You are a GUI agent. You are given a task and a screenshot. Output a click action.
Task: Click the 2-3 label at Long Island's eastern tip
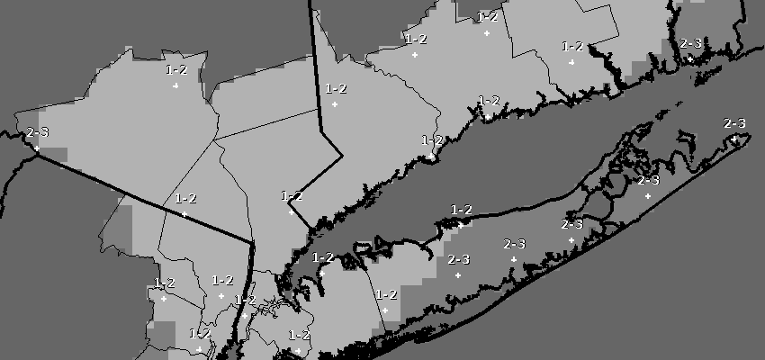tap(734, 123)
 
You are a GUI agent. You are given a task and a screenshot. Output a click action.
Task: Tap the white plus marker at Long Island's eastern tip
tap(735, 139)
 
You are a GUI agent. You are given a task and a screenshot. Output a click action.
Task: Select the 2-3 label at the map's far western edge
tap(38, 132)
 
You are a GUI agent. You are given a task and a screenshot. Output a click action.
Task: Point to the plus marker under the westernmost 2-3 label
tap(37, 148)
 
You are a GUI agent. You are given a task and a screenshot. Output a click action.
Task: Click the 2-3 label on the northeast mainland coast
tap(691, 43)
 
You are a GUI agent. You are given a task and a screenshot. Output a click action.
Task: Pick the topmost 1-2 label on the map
tap(488, 16)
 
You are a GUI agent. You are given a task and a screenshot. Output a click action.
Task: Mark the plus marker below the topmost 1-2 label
tap(487, 32)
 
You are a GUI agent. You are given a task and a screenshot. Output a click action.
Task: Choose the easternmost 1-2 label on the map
tap(572, 47)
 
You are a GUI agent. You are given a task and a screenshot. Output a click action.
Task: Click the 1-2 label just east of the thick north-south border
tap(336, 88)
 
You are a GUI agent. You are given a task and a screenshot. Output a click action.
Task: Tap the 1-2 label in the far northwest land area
tap(176, 69)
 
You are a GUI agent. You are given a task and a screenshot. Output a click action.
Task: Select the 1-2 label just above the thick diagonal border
tap(185, 198)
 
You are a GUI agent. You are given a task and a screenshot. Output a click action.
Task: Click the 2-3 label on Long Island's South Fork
tap(648, 180)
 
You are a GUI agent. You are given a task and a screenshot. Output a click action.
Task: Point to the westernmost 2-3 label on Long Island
tap(458, 259)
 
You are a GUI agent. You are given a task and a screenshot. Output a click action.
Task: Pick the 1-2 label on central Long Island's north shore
tap(461, 210)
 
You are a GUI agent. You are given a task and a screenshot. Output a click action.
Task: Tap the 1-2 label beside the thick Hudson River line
tap(245, 300)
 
